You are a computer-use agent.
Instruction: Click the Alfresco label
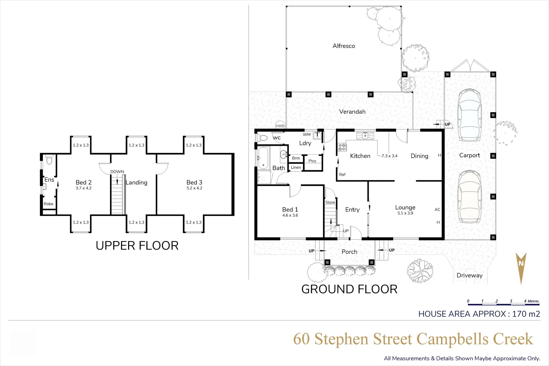pos(344,46)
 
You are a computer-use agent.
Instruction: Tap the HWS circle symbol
pos(280,125)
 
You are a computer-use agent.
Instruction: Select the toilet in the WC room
pos(263,138)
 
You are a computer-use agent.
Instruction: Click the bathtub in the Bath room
pos(263,158)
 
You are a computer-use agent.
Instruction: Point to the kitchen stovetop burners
pos(342,147)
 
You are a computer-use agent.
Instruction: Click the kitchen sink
pos(365,135)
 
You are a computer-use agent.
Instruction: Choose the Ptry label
pos(312,161)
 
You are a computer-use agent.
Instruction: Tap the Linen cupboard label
pos(296,167)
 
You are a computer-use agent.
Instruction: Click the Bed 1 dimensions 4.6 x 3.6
pos(290,215)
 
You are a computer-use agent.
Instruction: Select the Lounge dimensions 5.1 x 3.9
pos(405,213)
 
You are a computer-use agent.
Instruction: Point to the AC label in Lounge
pos(437,209)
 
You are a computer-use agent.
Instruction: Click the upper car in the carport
pos(469,115)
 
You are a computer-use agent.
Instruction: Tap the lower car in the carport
pos(469,197)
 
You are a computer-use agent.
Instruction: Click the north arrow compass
pos(521,268)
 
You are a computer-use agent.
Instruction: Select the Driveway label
pos(469,275)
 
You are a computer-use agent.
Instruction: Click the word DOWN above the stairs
pos(117,171)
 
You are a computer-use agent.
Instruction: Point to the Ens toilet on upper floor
pos(49,160)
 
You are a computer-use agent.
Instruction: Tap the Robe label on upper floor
pos(48,204)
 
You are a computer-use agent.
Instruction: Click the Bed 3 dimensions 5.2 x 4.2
pos(195,188)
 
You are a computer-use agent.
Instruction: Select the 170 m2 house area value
pos(526,314)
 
